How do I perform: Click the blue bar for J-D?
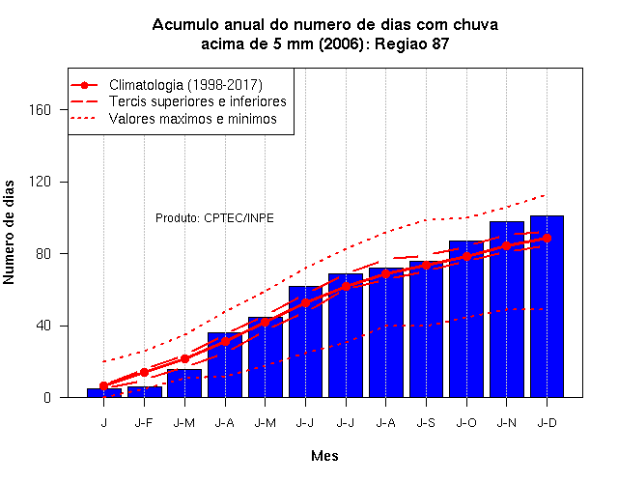coord(547,306)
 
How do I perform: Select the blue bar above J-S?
coord(426,328)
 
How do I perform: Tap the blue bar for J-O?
coord(466,319)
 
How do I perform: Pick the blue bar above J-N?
coord(506,309)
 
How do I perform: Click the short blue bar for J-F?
coord(144,392)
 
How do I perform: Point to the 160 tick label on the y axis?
coord(41,109)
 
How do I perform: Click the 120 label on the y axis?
coord(41,182)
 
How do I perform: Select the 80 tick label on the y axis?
coord(43,253)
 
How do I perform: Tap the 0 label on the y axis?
coord(47,397)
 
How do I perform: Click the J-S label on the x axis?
coord(426,423)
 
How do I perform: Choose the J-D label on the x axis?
coord(548,423)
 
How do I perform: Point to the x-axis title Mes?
coord(324,456)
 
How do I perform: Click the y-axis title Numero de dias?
coord(9,233)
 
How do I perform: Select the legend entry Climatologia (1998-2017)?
coord(185,85)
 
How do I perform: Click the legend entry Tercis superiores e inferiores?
coord(198,101)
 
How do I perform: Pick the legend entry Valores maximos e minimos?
coord(193,118)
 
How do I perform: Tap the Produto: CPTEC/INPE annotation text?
coord(214,218)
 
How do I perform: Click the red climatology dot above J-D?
coord(547,239)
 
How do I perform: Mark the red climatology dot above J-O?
coord(466,257)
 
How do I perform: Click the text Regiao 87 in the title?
coord(411,43)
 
